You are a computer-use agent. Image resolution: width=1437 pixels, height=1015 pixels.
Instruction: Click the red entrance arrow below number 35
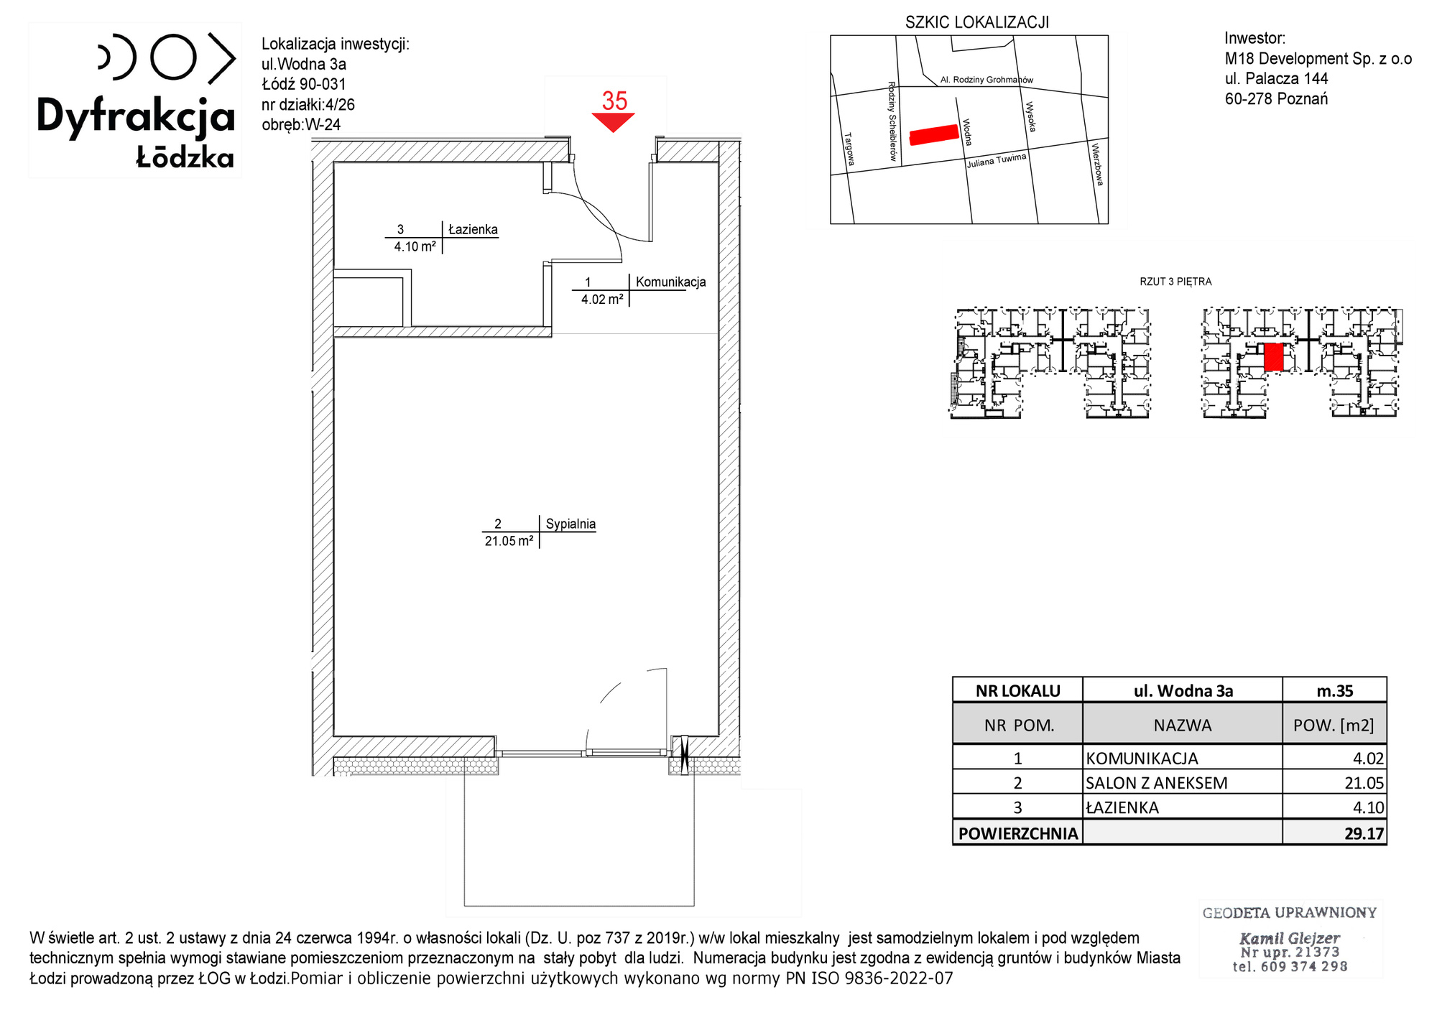[613, 122]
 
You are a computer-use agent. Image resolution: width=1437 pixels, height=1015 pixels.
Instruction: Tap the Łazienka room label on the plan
[473, 229]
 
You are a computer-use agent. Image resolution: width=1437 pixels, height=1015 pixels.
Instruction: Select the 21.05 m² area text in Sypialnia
[509, 541]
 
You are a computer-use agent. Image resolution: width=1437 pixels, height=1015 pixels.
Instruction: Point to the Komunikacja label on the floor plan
[670, 282]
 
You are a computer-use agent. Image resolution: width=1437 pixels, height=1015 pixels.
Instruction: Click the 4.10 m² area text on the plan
[415, 246]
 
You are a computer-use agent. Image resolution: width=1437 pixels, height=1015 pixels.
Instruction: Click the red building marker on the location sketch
[934, 134]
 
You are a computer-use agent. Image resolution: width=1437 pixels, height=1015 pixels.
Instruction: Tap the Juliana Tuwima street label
[997, 160]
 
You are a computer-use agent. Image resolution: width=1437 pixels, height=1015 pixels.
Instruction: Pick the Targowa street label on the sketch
[849, 149]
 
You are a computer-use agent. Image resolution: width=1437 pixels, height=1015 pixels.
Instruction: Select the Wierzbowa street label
[1096, 164]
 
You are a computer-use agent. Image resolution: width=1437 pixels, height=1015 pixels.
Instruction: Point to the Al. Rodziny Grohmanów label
[987, 80]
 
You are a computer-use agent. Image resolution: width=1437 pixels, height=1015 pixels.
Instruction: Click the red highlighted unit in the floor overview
[1273, 356]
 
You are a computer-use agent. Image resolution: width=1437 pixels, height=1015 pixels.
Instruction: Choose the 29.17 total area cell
[1364, 833]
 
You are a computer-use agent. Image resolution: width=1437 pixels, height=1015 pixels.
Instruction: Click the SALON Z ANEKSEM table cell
[1156, 783]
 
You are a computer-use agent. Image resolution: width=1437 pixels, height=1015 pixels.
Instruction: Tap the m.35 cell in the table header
[1334, 691]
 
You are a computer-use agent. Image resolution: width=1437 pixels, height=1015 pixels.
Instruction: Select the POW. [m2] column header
[1334, 726]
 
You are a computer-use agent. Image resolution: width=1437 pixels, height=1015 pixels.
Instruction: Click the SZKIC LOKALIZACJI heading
[977, 22]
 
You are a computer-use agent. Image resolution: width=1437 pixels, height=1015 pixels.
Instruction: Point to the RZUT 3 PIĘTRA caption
[1175, 282]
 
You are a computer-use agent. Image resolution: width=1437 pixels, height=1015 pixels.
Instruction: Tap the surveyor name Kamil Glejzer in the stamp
[1290, 938]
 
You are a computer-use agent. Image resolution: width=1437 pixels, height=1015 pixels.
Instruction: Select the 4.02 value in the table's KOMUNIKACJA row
[1368, 758]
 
